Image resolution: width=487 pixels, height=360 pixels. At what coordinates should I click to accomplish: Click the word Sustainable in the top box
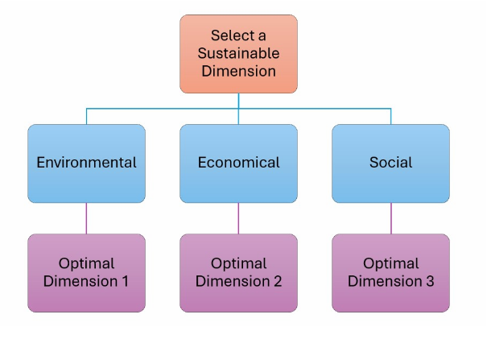238,53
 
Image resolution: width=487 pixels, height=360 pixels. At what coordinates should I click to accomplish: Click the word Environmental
86,163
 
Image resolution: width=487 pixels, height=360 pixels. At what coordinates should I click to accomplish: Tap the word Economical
238,163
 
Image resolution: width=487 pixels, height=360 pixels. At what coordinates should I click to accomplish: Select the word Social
390,163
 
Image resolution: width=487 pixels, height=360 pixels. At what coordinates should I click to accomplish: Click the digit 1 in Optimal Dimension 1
126,281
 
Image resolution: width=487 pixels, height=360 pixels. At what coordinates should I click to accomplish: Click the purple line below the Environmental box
86,218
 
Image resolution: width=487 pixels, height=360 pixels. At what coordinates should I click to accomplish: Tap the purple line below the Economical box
238,218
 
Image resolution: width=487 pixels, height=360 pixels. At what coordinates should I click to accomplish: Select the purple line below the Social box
391,218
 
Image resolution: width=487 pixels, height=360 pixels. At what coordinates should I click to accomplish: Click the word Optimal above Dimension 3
390,263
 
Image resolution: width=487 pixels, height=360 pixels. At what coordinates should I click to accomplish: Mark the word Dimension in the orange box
238,71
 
